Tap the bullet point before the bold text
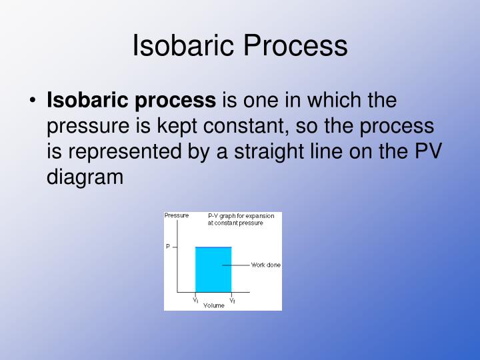pyautogui.click(x=33, y=101)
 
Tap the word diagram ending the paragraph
pyautogui.click(x=85, y=177)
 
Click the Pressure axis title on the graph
pyautogui.click(x=177, y=215)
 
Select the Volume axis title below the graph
pyautogui.click(x=214, y=305)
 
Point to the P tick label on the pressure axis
pyautogui.click(x=168, y=247)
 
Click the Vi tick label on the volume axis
pyautogui.click(x=196, y=300)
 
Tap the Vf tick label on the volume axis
pyautogui.click(x=232, y=300)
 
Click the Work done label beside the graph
pyautogui.click(x=265, y=265)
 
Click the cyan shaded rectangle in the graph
pyautogui.click(x=213, y=270)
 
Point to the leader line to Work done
pyautogui.click(x=241, y=265)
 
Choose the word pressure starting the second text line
pyautogui.click(x=85, y=126)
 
